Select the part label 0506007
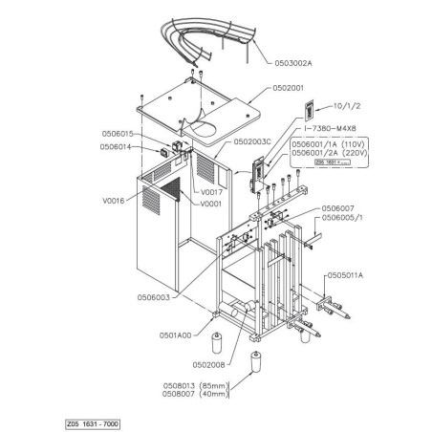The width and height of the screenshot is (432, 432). click(x=339, y=207)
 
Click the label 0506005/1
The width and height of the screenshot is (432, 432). click(x=343, y=218)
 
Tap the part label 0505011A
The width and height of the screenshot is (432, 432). click(x=348, y=275)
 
